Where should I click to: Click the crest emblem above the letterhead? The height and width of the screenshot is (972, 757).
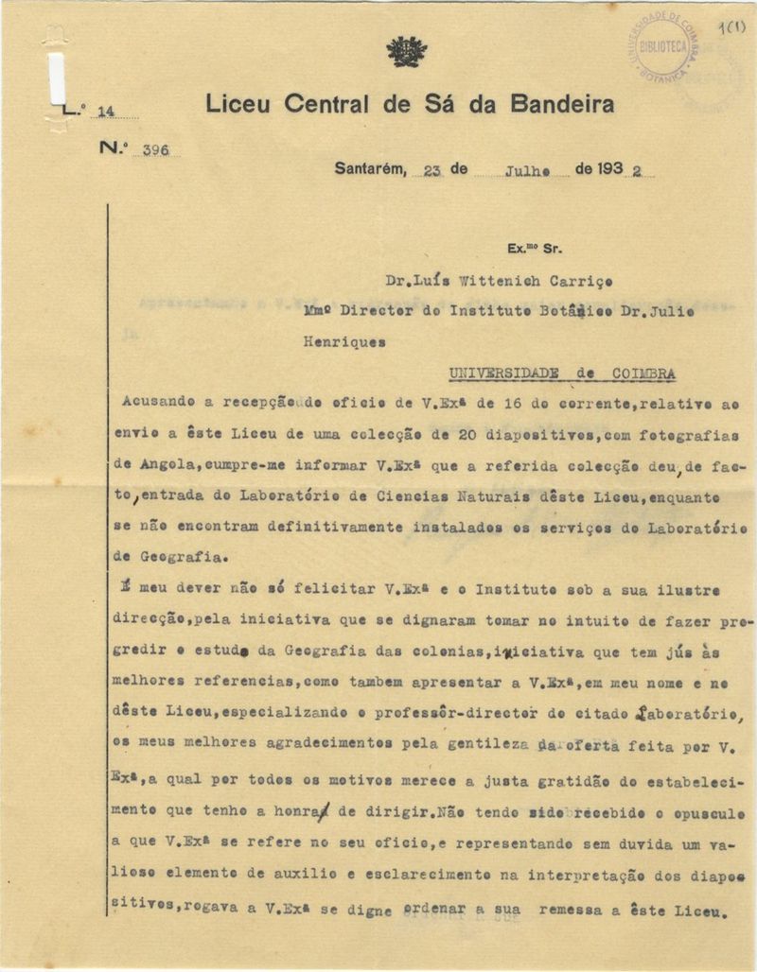tap(407, 51)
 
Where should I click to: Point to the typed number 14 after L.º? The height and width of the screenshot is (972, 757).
tap(105, 111)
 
